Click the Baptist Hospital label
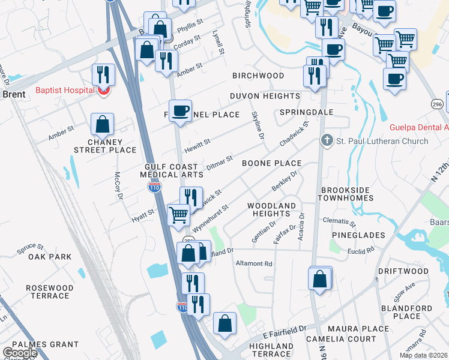pos(65,91)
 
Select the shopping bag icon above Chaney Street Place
pos(103,124)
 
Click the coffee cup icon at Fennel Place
pos(180,111)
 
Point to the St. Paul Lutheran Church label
pos(382,141)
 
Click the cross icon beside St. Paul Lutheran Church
pos(327,140)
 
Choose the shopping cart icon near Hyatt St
pos(178,214)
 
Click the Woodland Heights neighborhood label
pos(272,209)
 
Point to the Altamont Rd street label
pos(254,263)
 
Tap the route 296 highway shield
pos(436,104)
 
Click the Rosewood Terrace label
pos(50,292)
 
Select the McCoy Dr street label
pos(119,187)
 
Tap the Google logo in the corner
pos(19,353)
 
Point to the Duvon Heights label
pos(265,96)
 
